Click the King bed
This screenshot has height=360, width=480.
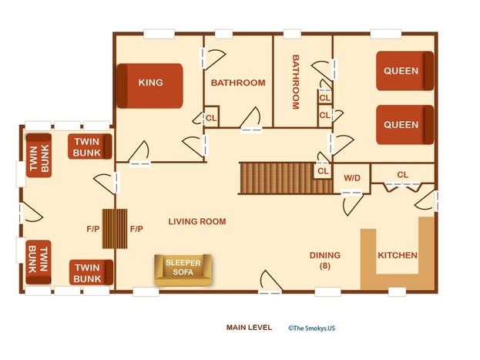[150, 86]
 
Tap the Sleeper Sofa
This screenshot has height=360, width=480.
[183, 270]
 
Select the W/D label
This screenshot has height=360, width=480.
[352, 178]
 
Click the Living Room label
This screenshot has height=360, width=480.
[197, 221]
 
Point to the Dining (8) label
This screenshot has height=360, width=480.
[325, 261]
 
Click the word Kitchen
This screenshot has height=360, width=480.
[398, 255]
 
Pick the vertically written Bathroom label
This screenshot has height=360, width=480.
[295, 82]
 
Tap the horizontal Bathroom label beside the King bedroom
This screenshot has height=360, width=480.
[238, 82]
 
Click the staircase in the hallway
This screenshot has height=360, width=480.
[286, 178]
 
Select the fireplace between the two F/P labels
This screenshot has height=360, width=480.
[115, 228]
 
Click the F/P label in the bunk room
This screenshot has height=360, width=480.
[93, 229]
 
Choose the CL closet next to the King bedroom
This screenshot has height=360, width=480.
[211, 116]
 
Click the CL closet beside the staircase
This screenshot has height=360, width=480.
[323, 171]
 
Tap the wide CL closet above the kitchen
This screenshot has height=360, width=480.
[402, 174]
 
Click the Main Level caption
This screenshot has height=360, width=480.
[249, 328]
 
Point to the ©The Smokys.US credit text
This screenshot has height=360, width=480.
[311, 328]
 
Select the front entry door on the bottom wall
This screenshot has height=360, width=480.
[270, 282]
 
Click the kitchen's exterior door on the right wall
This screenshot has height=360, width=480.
[427, 200]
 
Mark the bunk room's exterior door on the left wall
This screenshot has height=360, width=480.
[31, 212]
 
